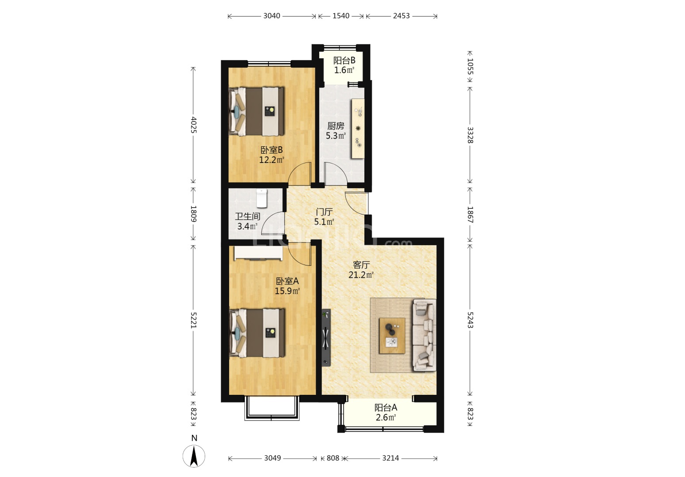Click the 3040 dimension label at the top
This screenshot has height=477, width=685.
[272, 16]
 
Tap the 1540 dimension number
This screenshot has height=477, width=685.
[341, 16]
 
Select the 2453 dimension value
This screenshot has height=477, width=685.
[401, 16]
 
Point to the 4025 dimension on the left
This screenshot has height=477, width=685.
[193, 125]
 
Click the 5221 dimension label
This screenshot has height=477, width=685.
[193, 320]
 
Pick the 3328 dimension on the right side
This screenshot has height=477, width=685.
[470, 135]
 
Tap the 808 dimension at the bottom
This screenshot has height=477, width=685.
[333, 458]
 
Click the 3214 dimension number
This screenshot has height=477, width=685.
[390, 458]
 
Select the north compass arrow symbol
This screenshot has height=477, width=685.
[194, 456]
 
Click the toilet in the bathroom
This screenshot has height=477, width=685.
[261, 198]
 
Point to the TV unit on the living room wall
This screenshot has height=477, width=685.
[326, 338]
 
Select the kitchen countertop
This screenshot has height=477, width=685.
[358, 129]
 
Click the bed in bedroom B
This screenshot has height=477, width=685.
[257, 111]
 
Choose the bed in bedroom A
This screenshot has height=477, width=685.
[257, 333]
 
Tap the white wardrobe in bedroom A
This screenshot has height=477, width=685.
[258, 253]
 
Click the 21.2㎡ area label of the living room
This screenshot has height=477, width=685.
[361, 275]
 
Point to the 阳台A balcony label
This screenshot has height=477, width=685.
[386, 408]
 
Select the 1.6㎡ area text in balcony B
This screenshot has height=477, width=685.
[344, 70]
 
